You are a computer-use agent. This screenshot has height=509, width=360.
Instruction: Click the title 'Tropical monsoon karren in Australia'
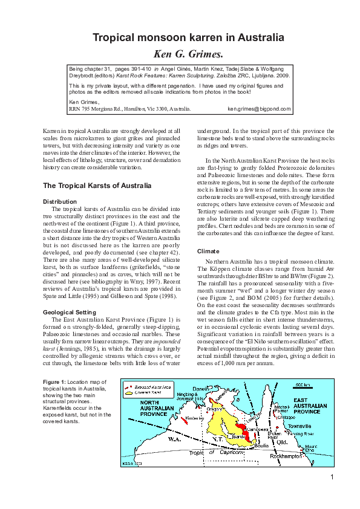point(179,37)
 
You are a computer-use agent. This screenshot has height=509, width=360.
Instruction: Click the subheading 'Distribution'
point(59,201)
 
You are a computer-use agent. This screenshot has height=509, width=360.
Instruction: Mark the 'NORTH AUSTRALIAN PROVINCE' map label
point(143,407)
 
